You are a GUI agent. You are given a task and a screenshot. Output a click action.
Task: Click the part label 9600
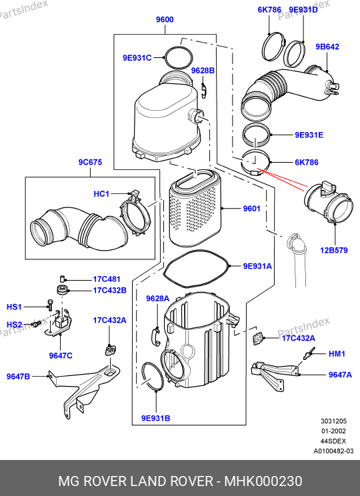pos(165,19)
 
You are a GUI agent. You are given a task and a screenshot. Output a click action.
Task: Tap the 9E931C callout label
pos(137,58)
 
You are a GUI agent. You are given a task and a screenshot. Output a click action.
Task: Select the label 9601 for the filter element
pos(251,209)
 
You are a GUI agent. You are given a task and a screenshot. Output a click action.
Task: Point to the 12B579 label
pos(334,250)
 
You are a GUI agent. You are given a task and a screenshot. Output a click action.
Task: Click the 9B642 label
pos(327,47)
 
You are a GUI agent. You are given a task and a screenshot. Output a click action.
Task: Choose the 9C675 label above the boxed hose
pos(90,162)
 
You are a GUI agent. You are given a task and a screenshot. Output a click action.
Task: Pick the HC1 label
pos(101,193)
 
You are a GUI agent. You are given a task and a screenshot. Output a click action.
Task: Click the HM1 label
pos(337,353)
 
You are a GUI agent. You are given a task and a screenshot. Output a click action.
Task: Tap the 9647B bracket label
pos(19,377)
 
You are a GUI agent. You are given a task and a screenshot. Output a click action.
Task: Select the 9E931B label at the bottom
pos(155,418)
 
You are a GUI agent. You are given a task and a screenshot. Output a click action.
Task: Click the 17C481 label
pos(107,279)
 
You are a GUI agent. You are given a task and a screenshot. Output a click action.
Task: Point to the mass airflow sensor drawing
pos(328,203)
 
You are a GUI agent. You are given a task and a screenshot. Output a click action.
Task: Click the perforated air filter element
pos(195,208)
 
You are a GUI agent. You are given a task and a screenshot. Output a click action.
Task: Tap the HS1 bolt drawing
pos(49,305)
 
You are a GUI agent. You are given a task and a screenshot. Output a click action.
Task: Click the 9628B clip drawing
pos(204,90)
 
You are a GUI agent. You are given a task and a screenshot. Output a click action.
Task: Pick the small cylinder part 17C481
pos(63,279)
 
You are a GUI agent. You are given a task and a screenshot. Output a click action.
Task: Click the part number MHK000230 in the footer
pos(263,481)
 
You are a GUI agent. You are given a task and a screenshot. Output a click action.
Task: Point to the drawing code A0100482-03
pos(333,451)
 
